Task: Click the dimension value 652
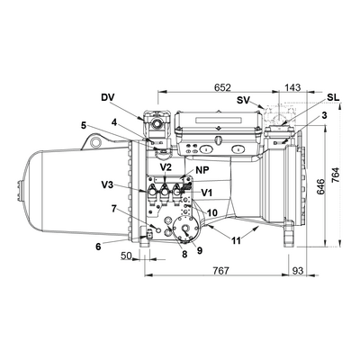pos(222,87)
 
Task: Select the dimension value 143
pos(292,87)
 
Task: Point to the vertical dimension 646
pos(320,187)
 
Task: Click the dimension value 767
pos(220,271)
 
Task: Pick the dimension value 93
pos(298,271)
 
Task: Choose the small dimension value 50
pos(126,256)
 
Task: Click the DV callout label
pos(108,97)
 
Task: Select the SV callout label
pos(243,100)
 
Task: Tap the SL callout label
pos(333,97)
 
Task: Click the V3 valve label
pos(107,184)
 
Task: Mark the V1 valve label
pos(207,193)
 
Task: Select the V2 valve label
pos(166,167)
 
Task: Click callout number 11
pos(237,240)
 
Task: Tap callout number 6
pos(98,247)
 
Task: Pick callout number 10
pos(212,212)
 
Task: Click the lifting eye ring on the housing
pos(96,140)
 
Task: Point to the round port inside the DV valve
pos(156,123)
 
